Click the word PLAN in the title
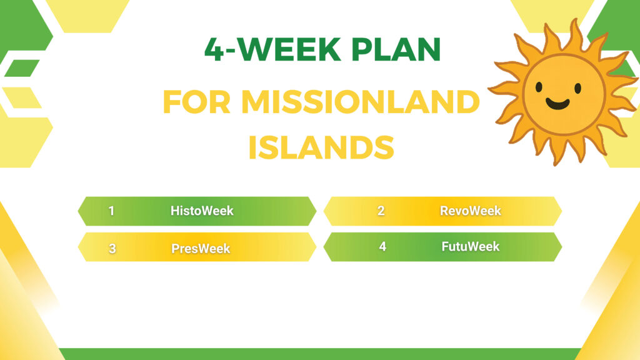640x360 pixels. point(396,49)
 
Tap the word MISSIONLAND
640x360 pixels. point(361,102)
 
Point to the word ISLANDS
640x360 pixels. point(321,147)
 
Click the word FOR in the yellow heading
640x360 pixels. point(197,102)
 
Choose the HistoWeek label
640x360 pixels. point(202,211)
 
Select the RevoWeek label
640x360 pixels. point(470,211)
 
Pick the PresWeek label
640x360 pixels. point(201,248)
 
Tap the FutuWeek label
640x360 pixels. point(470,246)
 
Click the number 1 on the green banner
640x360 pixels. point(111,211)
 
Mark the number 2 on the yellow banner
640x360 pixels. point(381,211)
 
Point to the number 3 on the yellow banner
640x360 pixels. point(112,248)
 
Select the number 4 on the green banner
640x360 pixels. point(382,246)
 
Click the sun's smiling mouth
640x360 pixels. point(557,104)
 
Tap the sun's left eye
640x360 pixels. point(539,86)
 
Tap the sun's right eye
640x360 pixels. point(577,87)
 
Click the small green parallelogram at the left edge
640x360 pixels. point(22,68)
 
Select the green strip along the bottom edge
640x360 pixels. point(319,354)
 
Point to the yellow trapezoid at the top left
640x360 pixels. point(87,16)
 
